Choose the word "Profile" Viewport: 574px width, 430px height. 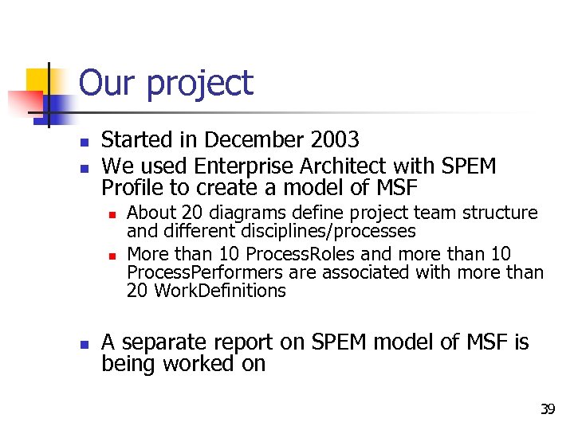coord(132,188)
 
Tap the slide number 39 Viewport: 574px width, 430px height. coord(548,409)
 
